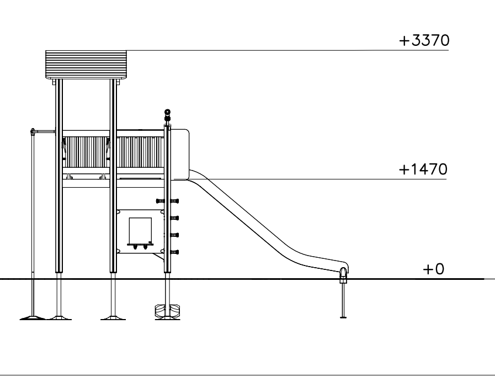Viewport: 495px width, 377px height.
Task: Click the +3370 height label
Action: [424, 40]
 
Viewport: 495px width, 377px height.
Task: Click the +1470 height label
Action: [423, 169]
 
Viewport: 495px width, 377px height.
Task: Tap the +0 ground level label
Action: [433, 269]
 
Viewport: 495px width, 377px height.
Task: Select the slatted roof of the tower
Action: [86, 65]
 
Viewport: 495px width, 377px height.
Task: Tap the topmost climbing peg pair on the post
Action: [167, 201]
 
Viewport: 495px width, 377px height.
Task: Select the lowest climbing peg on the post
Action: [174, 252]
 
